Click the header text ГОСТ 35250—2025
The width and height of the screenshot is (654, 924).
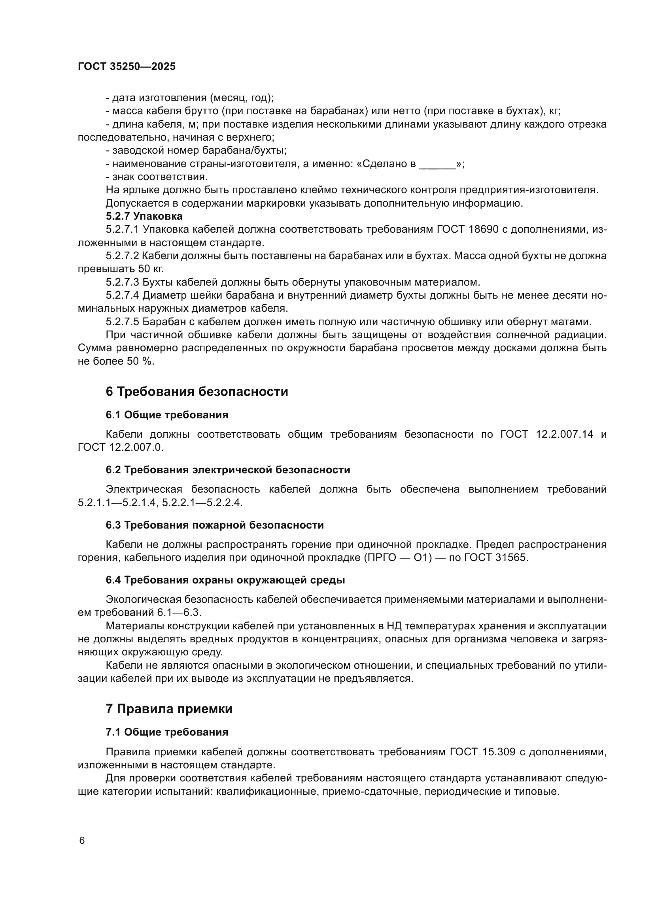(x=127, y=67)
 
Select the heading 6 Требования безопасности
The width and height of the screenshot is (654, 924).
(x=197, y=391)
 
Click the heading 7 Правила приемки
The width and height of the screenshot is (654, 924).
(x=169, y=709)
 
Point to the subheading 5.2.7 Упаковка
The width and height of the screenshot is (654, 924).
(x=144, y=216)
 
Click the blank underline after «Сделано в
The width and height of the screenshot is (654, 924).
(x=437, y=165)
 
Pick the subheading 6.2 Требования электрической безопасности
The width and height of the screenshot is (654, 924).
(x=228, y=470)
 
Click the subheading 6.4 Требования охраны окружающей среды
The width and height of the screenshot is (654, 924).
(x=225, y=580)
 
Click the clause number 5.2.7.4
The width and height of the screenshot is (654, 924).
(x=123, y=295)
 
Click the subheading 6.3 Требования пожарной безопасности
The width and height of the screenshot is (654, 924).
(x=215, y=525)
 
